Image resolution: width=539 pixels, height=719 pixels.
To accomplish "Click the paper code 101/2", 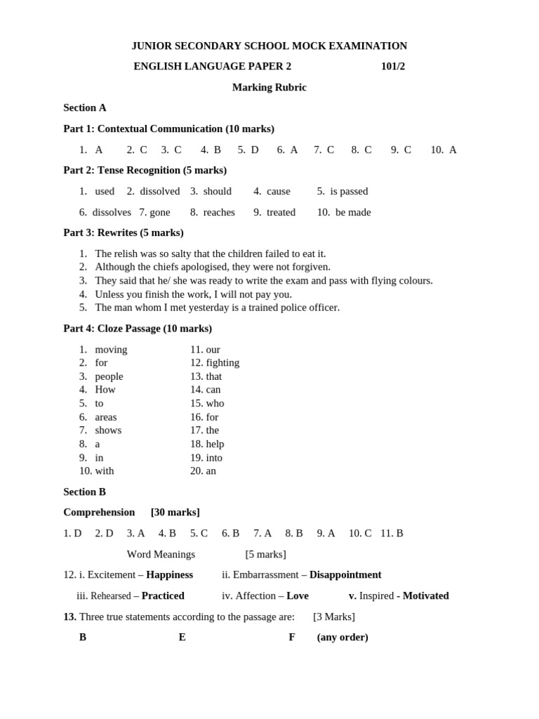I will click(x=392, y=67).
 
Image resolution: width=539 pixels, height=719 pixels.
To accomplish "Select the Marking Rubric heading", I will click(x=269, y=88).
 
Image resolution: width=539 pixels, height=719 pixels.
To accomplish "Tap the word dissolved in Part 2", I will click(x=160, y=192).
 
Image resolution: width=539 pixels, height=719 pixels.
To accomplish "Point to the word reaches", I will click(x=219, y=212).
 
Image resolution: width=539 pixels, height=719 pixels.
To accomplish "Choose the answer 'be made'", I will click(x=353, y=212).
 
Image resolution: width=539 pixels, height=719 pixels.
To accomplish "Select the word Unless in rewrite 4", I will click(x=109, y=294).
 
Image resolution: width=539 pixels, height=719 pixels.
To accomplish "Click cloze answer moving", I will click(x=111, y=350).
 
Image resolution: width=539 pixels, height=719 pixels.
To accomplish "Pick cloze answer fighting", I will click(x=222, y=363).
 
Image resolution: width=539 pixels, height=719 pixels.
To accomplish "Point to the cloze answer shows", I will click(x=108, y=430).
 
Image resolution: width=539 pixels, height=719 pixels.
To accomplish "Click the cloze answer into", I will click(x=214, y=458).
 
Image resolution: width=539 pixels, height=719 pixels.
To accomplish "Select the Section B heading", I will click(x=84, y=492).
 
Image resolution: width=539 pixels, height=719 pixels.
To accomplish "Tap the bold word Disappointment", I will click(x=345, y=575).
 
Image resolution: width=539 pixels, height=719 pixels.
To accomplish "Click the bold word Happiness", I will click(x=169, y=575).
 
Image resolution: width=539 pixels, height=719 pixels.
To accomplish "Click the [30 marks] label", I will click(x=175, y=513).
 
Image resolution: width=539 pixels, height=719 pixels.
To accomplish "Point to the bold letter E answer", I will click(x=182, y=638).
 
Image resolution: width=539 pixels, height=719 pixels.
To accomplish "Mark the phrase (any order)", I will click(x=342, y=638).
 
